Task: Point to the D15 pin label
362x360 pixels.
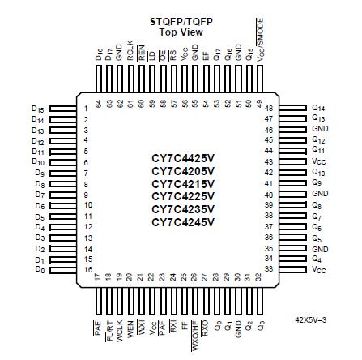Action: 36,108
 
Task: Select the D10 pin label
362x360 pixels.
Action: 36,161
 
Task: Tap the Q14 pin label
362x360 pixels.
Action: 318,107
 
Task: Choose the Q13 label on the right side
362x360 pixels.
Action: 318,118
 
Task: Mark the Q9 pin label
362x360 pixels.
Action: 318,182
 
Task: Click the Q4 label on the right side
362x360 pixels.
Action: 318,258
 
